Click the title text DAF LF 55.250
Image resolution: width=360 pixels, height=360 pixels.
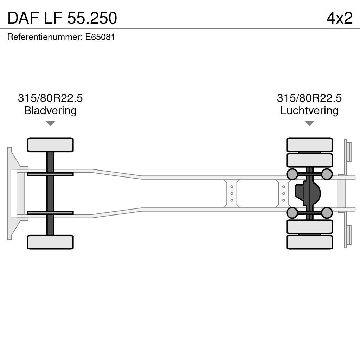point(62,18)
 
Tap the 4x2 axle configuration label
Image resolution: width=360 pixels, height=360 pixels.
point(339,18)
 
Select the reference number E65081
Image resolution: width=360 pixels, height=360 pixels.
point(100,37)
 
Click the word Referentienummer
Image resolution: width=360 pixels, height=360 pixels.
point(45,37)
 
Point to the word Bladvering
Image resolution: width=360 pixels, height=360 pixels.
point(50,111)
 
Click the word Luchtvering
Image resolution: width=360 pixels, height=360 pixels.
point(309,111)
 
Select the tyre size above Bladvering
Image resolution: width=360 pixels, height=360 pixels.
point(50,98)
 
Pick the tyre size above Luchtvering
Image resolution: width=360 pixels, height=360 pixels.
point(309,98)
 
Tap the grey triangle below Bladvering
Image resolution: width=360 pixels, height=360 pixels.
point(50,123)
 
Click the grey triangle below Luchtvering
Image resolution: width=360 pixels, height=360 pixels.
point(309,123)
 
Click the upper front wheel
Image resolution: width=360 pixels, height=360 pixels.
point(50,145)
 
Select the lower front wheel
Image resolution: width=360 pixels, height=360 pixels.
point(50,242)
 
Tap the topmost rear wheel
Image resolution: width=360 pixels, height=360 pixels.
point(309,145)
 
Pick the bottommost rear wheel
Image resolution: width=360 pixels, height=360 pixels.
point(309,242)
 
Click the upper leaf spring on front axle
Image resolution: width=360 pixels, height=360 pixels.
point(50,174)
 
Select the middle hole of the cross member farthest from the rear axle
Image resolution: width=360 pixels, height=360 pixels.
point(232,193)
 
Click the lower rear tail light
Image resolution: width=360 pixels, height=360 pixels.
point(348,235)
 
